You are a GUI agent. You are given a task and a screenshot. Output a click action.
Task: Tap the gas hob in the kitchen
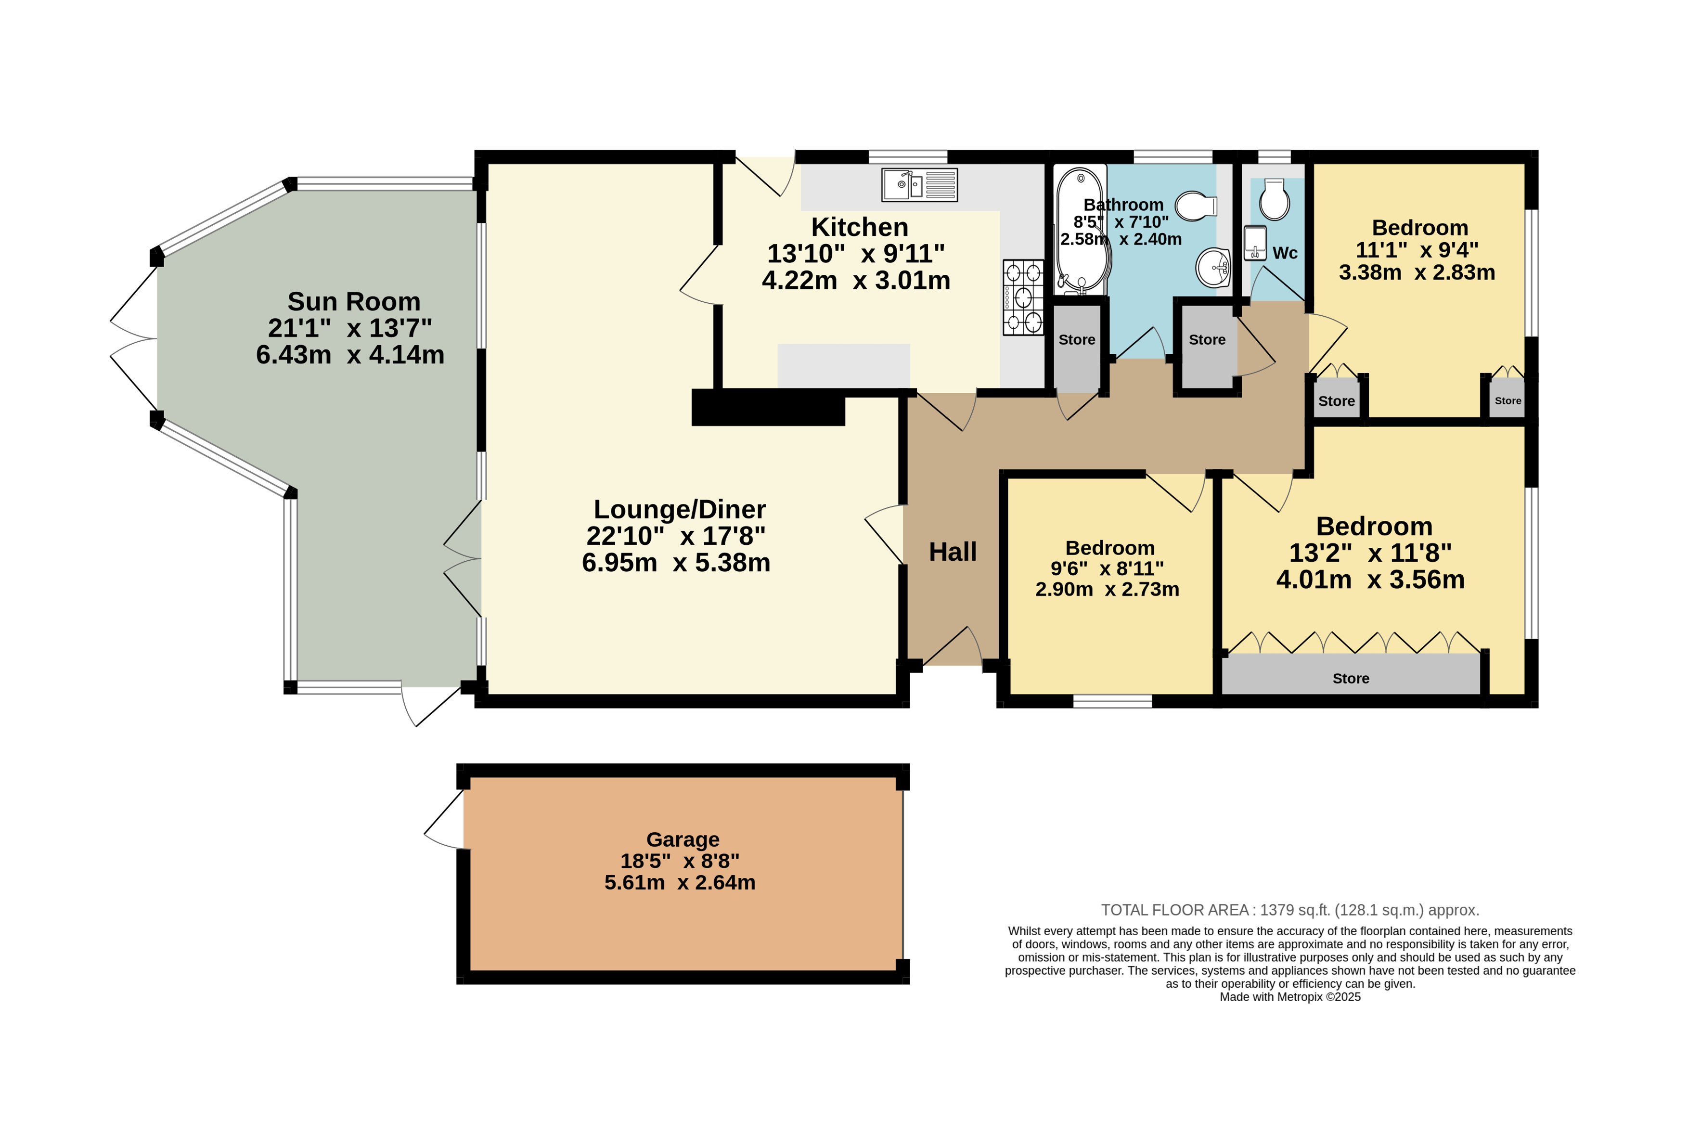point(1023,297)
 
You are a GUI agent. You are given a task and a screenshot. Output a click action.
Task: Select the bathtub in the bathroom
point(1081,230)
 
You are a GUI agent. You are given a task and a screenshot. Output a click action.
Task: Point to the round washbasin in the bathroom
point(1213,268)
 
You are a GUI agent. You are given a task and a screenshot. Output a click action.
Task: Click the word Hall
point(953,552)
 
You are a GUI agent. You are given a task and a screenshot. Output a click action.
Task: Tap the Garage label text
point(682,839)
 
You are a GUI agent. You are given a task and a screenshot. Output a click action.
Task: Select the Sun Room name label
point(354,301)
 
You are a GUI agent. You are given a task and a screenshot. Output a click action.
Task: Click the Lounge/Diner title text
point(679,509)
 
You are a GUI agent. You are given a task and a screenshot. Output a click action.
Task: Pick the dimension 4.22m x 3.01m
point(856,280)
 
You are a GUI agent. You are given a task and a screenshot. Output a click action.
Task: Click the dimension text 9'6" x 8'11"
point(1107,568)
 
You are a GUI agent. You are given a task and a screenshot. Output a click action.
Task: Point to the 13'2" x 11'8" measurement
point(1370,553)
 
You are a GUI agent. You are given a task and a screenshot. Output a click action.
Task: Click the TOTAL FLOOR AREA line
point(1289,910)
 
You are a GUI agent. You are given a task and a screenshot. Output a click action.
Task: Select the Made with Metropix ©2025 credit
point(1289,997)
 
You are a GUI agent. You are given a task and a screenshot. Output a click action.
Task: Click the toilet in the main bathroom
point(1196,206)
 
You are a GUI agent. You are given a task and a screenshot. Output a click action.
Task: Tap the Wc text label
point(1285,253)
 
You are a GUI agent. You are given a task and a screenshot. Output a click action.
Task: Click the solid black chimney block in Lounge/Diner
point(768,407)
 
